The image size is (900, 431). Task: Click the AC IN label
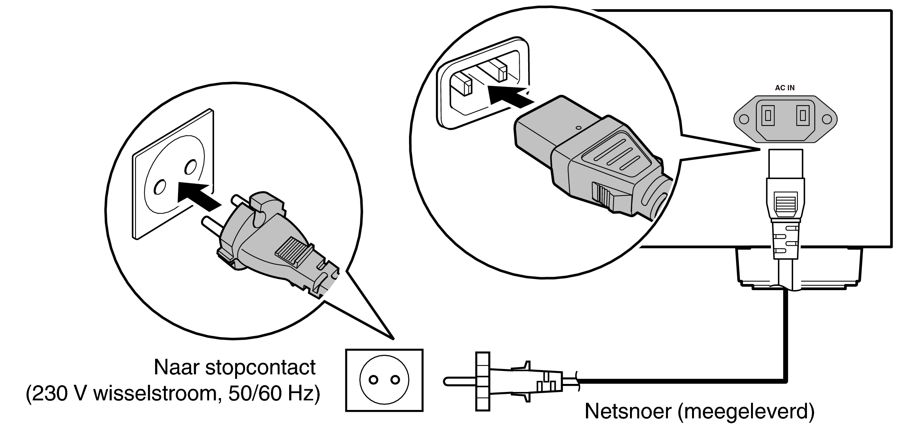coord(785,88)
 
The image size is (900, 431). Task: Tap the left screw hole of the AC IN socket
coord(744,119)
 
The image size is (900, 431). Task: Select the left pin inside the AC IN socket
coord(768,115)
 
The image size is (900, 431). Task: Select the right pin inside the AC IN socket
coord(802,115)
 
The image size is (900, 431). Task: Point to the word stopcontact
coord(260,367)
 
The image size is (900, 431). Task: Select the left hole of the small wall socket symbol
coord(374,380)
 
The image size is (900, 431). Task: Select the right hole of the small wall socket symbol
coord(395,380)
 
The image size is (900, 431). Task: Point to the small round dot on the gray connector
coord(578,128)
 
